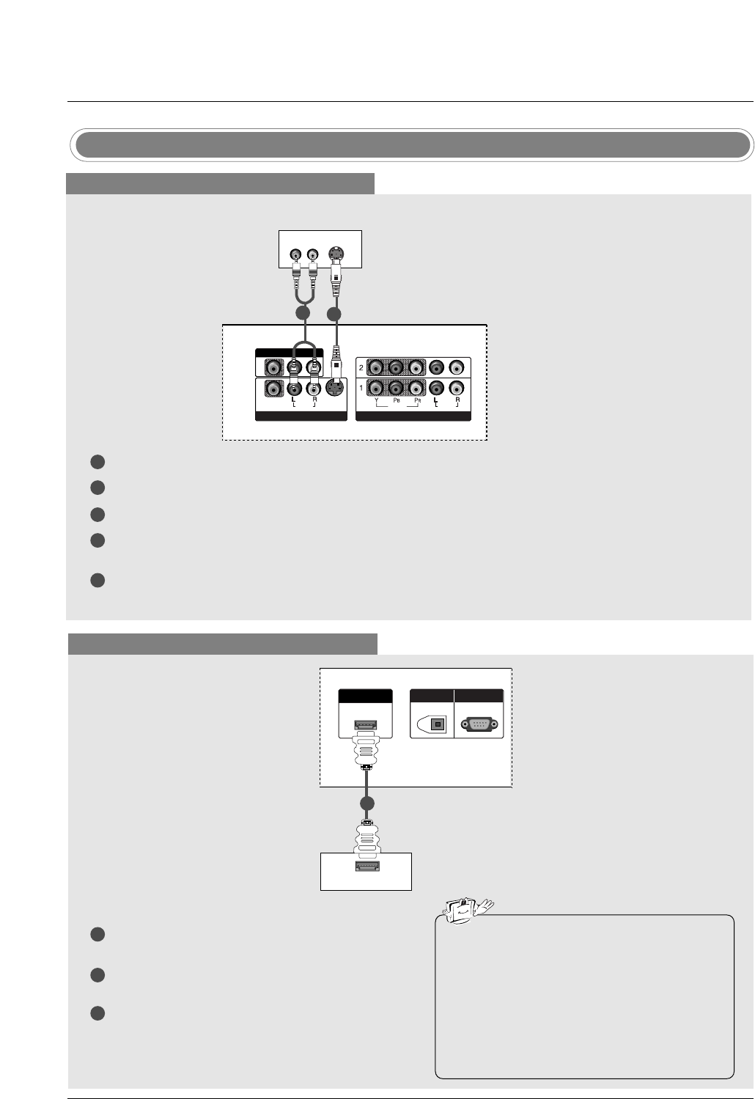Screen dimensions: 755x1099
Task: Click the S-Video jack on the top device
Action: (x=336, y=254)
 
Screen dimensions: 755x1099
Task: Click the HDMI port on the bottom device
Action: (x=366, y=868)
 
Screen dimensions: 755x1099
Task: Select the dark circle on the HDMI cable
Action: (x=367, y=804)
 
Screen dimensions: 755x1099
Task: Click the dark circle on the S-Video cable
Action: (x=335, y=314)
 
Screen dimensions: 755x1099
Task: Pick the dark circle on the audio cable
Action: (x=303, y=314)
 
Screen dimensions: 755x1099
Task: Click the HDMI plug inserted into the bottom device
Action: (x=366, y=839)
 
